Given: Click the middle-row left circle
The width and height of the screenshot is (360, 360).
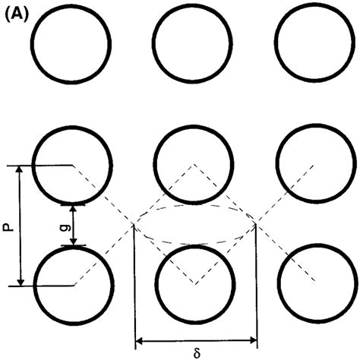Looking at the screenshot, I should point(74,164).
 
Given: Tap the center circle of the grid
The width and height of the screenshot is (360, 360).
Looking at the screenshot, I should point(194,164).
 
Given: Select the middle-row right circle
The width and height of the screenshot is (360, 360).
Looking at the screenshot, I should point(314,164).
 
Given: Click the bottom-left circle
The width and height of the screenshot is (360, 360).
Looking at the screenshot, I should point(74,285).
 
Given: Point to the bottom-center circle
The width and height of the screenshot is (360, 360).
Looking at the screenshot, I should point(194,285).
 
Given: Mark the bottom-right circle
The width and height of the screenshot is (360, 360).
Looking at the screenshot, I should point(314,285).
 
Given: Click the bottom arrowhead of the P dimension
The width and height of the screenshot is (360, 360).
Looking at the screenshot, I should point(21,281).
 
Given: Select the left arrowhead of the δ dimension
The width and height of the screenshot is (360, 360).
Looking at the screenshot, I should point(139,341).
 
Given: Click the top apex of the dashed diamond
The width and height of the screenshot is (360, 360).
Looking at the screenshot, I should point(195,164).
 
